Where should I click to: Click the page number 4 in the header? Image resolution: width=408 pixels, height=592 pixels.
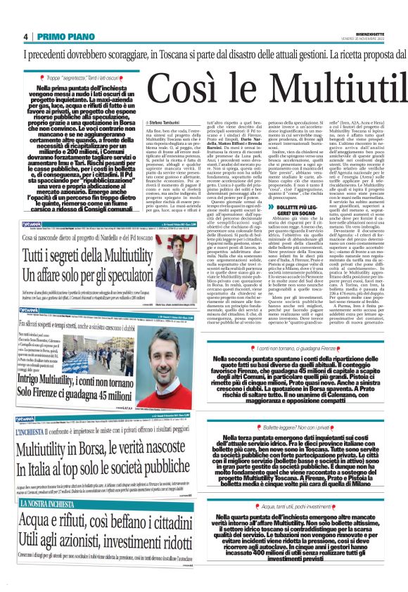26,36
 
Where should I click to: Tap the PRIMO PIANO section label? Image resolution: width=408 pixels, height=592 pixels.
60,36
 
